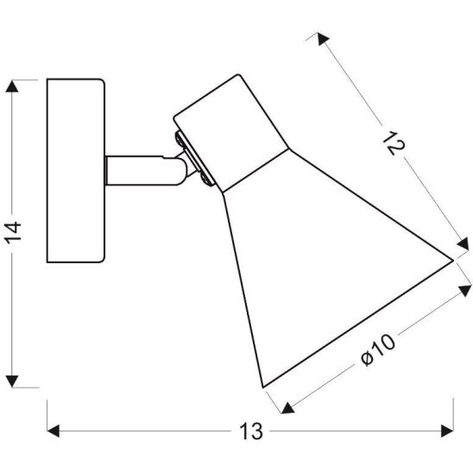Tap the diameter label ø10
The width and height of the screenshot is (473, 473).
(377, 355)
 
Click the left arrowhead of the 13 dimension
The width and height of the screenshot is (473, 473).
(52, 429)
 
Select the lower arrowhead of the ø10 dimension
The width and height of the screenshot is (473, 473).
(281, 407)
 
